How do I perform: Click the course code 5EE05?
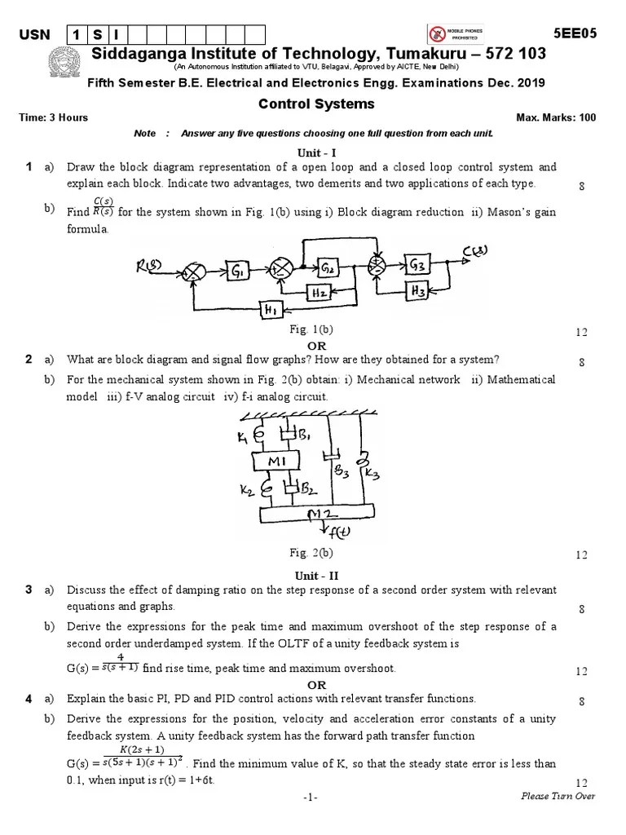575,33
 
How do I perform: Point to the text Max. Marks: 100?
556,117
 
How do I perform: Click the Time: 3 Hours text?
53,117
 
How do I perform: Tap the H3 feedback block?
419,289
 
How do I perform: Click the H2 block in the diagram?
319,292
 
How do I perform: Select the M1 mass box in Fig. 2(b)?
281,462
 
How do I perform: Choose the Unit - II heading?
316,575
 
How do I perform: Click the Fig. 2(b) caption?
311,553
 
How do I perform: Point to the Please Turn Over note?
558,797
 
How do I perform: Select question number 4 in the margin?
29,699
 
